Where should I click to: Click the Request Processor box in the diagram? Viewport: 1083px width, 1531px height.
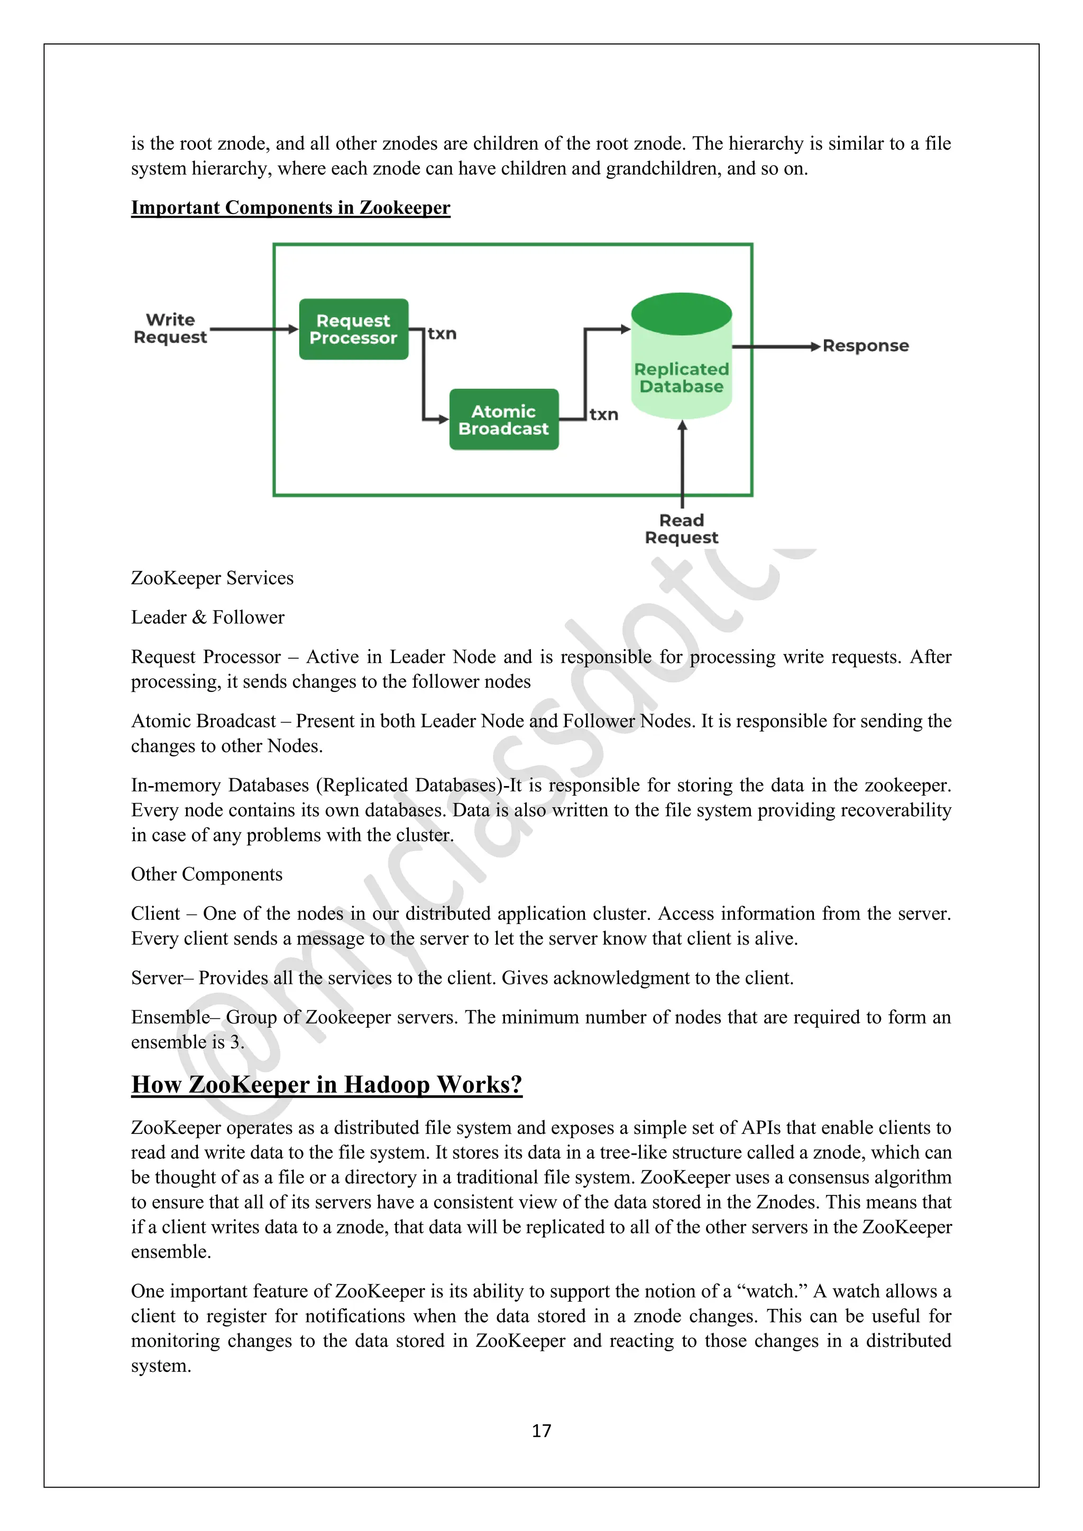(353, 329)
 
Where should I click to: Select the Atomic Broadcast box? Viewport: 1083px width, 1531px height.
(503, 419)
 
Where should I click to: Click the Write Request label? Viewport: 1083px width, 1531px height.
(171, 329)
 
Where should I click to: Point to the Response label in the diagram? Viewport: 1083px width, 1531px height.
(865, 346)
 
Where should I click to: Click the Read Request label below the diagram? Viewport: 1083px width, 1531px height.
(681, 529)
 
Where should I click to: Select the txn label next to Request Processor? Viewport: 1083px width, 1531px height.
(442, 334)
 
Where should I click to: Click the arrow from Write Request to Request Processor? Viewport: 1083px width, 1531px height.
(253, 329)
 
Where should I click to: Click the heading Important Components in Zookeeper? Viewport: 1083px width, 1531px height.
(290, 208)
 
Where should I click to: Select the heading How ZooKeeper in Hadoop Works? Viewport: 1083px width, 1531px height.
(326, 1085)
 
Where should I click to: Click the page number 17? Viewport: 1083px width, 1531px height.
(541, 1431)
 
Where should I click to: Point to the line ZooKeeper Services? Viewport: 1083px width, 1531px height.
(212, 578)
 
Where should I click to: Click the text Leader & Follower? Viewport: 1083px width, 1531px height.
(207, 617)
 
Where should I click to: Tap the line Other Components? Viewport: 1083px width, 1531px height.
(207, 874)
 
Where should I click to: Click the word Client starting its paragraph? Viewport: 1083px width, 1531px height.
(155, 914)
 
